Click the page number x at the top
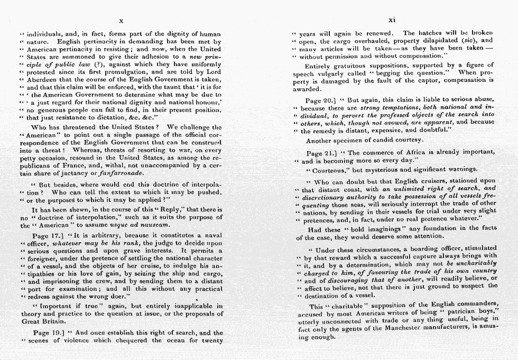click(121, 21)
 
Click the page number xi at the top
click(391, 20)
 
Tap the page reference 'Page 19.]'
click(48, 333)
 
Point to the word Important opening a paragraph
click(55, 306)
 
